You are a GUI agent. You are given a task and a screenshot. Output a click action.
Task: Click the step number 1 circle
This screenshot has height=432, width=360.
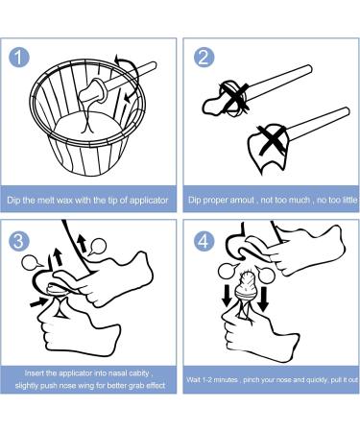pyautogui.click(x=19, y=57)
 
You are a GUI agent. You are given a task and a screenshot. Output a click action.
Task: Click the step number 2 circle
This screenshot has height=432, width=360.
pyautogui.click(x=204, y=58)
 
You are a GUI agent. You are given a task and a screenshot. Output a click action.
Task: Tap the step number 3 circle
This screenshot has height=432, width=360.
pyautogui.click(x=19, y=240)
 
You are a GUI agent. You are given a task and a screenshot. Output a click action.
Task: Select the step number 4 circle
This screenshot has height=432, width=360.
pyautogui.click(x=204, y=241)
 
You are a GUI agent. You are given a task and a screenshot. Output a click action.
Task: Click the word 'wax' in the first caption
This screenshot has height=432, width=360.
pyautogui.click(x=74, y=201)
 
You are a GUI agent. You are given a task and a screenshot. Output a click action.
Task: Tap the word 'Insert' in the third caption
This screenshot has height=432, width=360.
pyautogui.click(x=35, y=373)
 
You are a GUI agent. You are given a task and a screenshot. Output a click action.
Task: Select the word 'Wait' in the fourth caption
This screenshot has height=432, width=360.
pyautogui.click(x=193, y=380)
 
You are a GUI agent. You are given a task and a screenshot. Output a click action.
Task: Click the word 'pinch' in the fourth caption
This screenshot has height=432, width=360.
pyautogui.click(x=252, y=380)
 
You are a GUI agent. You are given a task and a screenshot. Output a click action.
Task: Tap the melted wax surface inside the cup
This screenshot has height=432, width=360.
pyautogui.click(x=86, y=129)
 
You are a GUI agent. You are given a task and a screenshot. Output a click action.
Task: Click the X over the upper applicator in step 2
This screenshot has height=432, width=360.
pyautogui.click(x=233, y=98)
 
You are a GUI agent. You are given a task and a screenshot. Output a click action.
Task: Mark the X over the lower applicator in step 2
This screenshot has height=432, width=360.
pyautogui.click(x=273, y=140)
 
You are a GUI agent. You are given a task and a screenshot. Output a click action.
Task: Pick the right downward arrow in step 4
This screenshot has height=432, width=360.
pyautogui.click(x=263, y=299)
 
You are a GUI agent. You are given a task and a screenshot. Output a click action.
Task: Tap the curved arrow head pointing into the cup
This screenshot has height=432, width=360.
pyautogui.click(x=128, y=97)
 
